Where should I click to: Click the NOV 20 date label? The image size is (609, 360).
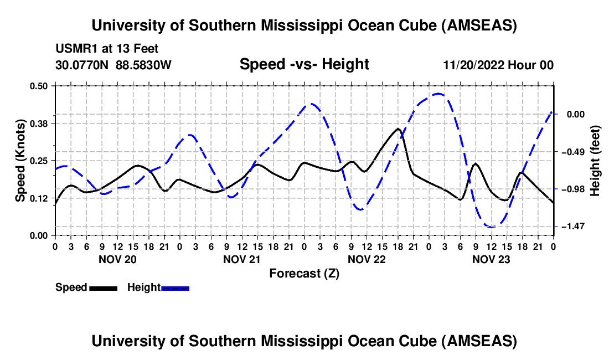point(117,259)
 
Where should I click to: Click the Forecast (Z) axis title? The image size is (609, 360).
point(304,273)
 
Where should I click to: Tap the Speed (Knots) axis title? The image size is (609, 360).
point(20,160)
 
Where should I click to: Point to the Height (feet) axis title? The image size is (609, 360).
point(595,161)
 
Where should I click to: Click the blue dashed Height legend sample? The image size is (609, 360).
point(175,287)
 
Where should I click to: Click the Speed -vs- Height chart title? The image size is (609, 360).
point(304,65)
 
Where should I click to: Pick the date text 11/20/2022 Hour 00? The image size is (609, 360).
point(498,65)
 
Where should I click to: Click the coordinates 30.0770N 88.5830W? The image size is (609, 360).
point(113,65)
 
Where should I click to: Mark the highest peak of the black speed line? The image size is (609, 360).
point(398,128)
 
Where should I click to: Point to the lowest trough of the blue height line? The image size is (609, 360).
point(491,227)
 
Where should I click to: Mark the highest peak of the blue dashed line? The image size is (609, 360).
point(438,94)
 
